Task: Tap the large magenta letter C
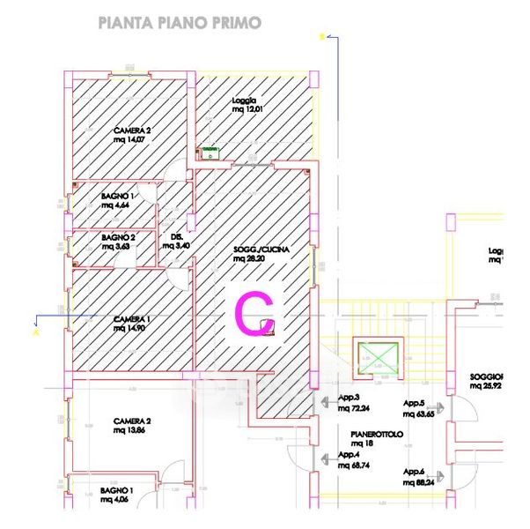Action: click(253, 313)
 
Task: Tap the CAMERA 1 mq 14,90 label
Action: click(132, 323)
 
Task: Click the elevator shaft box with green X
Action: click(376, 357)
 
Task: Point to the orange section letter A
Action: click(36, 333)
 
